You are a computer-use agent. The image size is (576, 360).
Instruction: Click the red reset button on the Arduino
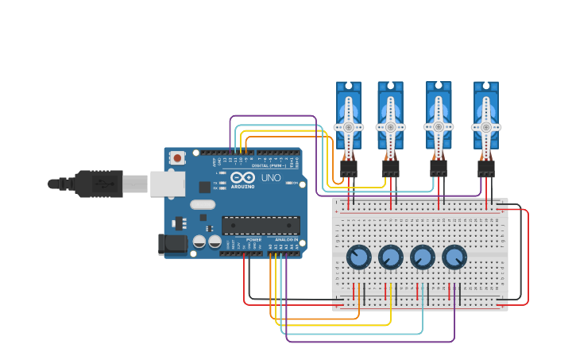[176, 158]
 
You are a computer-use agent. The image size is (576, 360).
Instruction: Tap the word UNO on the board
[271, 177]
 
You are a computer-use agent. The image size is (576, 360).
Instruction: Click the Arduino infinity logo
[243, 177]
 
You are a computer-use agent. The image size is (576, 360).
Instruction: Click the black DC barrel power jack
[172, 244]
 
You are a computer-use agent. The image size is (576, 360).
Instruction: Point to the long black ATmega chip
[261, 225]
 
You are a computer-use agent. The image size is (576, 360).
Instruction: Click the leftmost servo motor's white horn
[348, 126]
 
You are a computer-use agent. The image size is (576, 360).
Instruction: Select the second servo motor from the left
[390, 119]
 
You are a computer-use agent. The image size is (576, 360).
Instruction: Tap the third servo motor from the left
[438, 119]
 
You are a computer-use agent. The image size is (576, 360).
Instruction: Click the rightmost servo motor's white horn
[486, 126]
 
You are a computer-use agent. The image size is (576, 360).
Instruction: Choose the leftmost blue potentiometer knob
[358, 257]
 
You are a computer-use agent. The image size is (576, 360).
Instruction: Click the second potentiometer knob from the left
[390, 257]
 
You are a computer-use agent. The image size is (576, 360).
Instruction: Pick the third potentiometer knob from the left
[422, 257]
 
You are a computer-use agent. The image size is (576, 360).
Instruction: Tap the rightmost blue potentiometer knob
[454, 257]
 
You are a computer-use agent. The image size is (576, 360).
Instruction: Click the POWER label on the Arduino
[253, 239]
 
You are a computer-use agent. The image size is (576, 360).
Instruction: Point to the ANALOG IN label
[286, 239]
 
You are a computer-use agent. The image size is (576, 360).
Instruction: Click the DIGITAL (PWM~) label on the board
[270, 165]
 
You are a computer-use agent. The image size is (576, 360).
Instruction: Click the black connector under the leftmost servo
[348, 168]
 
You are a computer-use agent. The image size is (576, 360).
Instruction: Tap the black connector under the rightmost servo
[486, 168]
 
